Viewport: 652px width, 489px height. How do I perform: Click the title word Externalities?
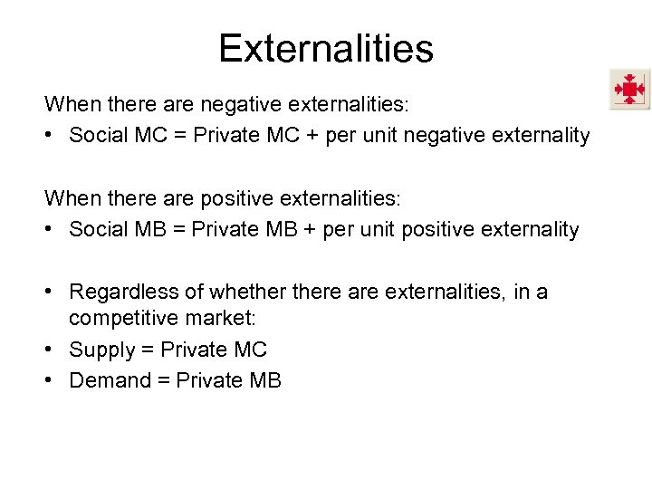[x=326, y=48]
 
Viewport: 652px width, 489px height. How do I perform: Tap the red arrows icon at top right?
[x=628, y=89]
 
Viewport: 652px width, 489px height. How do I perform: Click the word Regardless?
[x=127, y=292]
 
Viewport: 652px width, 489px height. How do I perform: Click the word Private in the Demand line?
[x=209, y=380]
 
